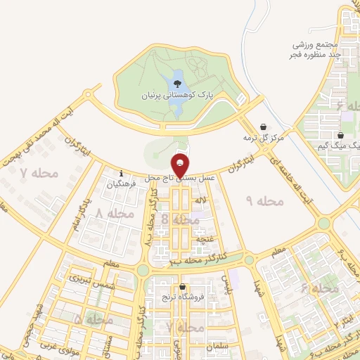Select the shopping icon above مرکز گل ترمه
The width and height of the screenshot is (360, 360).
click(x=263, y=127)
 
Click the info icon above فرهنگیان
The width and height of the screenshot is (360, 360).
click(x=122, y=173)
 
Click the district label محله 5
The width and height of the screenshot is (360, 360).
click(x=92, y=320)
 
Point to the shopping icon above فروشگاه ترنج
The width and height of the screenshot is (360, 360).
click(x=184, y=287)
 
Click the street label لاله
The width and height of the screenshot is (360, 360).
click(x=200, y=201)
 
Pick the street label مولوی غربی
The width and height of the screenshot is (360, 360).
click(x=67, y=345)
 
